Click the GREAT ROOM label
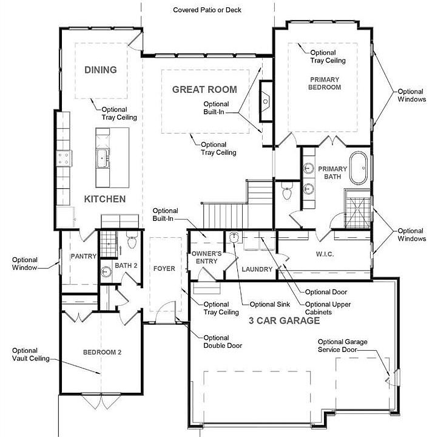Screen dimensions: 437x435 tap(204, 89)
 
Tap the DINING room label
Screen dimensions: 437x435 tap(101, 70)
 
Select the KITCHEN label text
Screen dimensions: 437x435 tap(104, 199)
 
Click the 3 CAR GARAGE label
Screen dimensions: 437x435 tap(283, 320)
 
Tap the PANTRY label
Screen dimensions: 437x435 tap(83, 257)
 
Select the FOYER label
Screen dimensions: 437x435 tap(164, 268)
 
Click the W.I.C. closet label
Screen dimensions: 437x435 tap(325, 254)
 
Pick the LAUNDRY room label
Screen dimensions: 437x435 tap(257, 268)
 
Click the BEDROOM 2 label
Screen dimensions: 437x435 tap(103, 353)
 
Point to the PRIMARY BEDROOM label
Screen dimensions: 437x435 tap(325, 83)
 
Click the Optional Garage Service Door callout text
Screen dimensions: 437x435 tap(342, 346)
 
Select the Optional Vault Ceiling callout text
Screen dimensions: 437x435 tap(25, 354)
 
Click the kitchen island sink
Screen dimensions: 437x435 tap(102, 158)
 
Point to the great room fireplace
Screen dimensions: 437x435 tap(265, 101)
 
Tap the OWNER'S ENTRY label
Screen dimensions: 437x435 tap(204, 257)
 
